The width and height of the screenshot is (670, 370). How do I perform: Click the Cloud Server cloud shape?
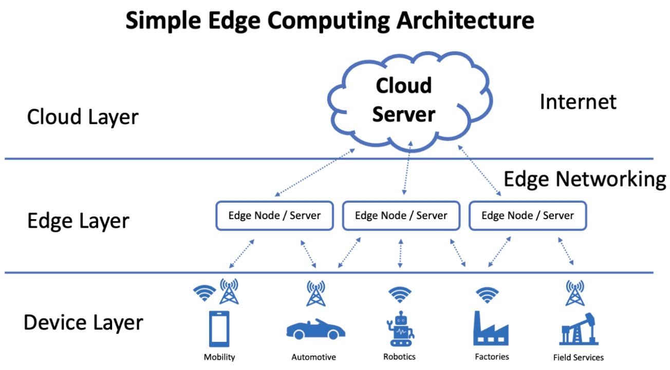(403, 100)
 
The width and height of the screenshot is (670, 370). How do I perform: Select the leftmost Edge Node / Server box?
(274, 216)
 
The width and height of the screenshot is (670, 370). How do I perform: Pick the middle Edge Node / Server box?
(401, 216)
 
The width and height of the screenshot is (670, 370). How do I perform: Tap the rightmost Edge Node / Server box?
(527, 216)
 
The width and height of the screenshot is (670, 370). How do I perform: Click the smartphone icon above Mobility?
(219, 329)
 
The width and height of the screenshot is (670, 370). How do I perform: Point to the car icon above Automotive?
(315, 329)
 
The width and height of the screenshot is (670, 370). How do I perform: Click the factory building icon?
(490, 328)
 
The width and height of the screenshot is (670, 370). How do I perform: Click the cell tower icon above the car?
(315, 293)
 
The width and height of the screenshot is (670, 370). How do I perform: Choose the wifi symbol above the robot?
(399, 295)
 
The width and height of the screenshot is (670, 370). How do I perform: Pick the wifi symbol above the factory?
(487, 295)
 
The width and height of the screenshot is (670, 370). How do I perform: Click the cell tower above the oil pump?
(574, 293)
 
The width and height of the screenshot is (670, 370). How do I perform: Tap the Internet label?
(578, 102)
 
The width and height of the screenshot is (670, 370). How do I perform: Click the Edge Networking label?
(584, 179)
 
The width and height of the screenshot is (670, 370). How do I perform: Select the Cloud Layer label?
(83, 117)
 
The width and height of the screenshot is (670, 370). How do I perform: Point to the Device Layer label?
(83, 323)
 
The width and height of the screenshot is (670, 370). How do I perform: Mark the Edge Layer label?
(78, 221)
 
